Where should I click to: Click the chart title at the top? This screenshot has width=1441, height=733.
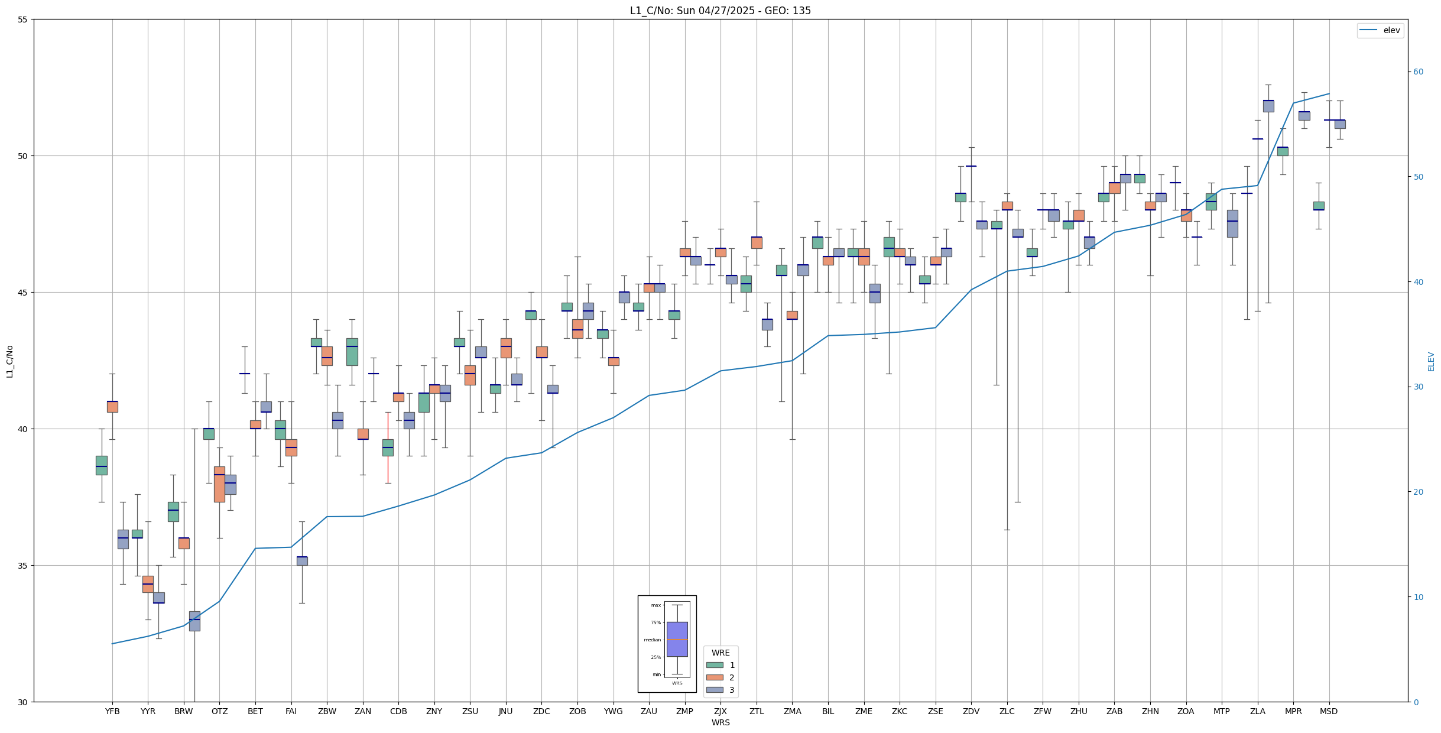coord(720,11)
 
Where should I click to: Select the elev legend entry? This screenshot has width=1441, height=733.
coord(1380,30)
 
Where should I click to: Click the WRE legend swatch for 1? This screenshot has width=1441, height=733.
coord(715,665)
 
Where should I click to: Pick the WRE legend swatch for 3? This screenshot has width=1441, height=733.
coord(715,690)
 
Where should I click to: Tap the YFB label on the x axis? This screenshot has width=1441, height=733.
coord(112,711)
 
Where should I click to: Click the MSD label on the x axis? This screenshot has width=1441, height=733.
coord(1329,711)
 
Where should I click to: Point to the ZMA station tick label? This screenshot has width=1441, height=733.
coord(792,711)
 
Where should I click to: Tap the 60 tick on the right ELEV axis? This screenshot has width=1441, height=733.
coord(1418,72)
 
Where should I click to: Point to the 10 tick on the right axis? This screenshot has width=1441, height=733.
coord(1418,597)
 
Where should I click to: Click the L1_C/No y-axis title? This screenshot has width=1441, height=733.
coord(9,361)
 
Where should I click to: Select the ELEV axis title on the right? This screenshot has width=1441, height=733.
coord(1431,361)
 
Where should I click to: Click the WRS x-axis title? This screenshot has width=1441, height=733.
coord(720,722)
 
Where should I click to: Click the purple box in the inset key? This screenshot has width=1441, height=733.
coord(677,639)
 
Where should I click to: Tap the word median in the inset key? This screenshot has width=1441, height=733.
coord(653,640)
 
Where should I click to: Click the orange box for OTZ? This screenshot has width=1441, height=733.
coord(219,484)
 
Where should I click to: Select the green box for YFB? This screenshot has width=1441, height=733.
coord(102,465)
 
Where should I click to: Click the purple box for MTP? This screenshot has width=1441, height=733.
coord(1232,223)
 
